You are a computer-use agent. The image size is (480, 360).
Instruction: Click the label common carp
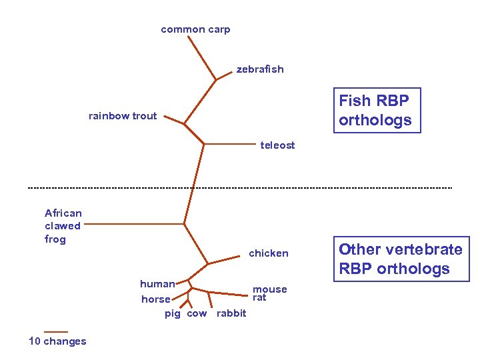pos(195,29)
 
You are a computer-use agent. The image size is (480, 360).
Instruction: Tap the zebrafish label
pos(259,69)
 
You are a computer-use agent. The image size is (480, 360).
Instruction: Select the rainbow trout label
pos(123,116)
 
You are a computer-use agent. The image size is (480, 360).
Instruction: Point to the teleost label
pos(277,145)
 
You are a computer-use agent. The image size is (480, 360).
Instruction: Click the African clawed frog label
pos(63,226)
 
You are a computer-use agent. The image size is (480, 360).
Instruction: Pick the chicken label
pos(268,253)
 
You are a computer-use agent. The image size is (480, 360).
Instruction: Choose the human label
pos(157,284)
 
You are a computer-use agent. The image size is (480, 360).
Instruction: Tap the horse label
pos(156,299)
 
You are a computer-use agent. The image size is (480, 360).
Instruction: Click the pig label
pos(173,313)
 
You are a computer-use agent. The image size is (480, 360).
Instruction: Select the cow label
pos(197,313)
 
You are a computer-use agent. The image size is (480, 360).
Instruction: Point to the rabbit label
pos(231,313)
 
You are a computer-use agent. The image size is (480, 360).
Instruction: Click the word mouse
pos(270,289)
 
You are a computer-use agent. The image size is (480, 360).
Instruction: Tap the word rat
pos(259,298)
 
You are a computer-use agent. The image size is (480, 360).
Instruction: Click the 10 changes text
pos(57,341)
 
